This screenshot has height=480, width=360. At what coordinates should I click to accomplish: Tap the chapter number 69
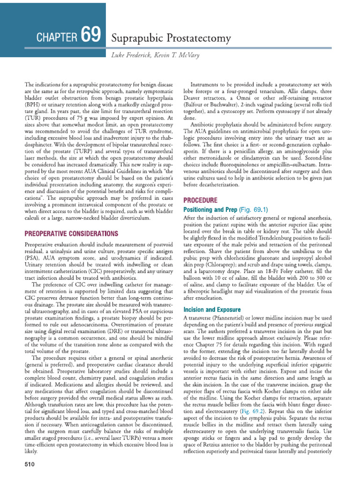point(90,35)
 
